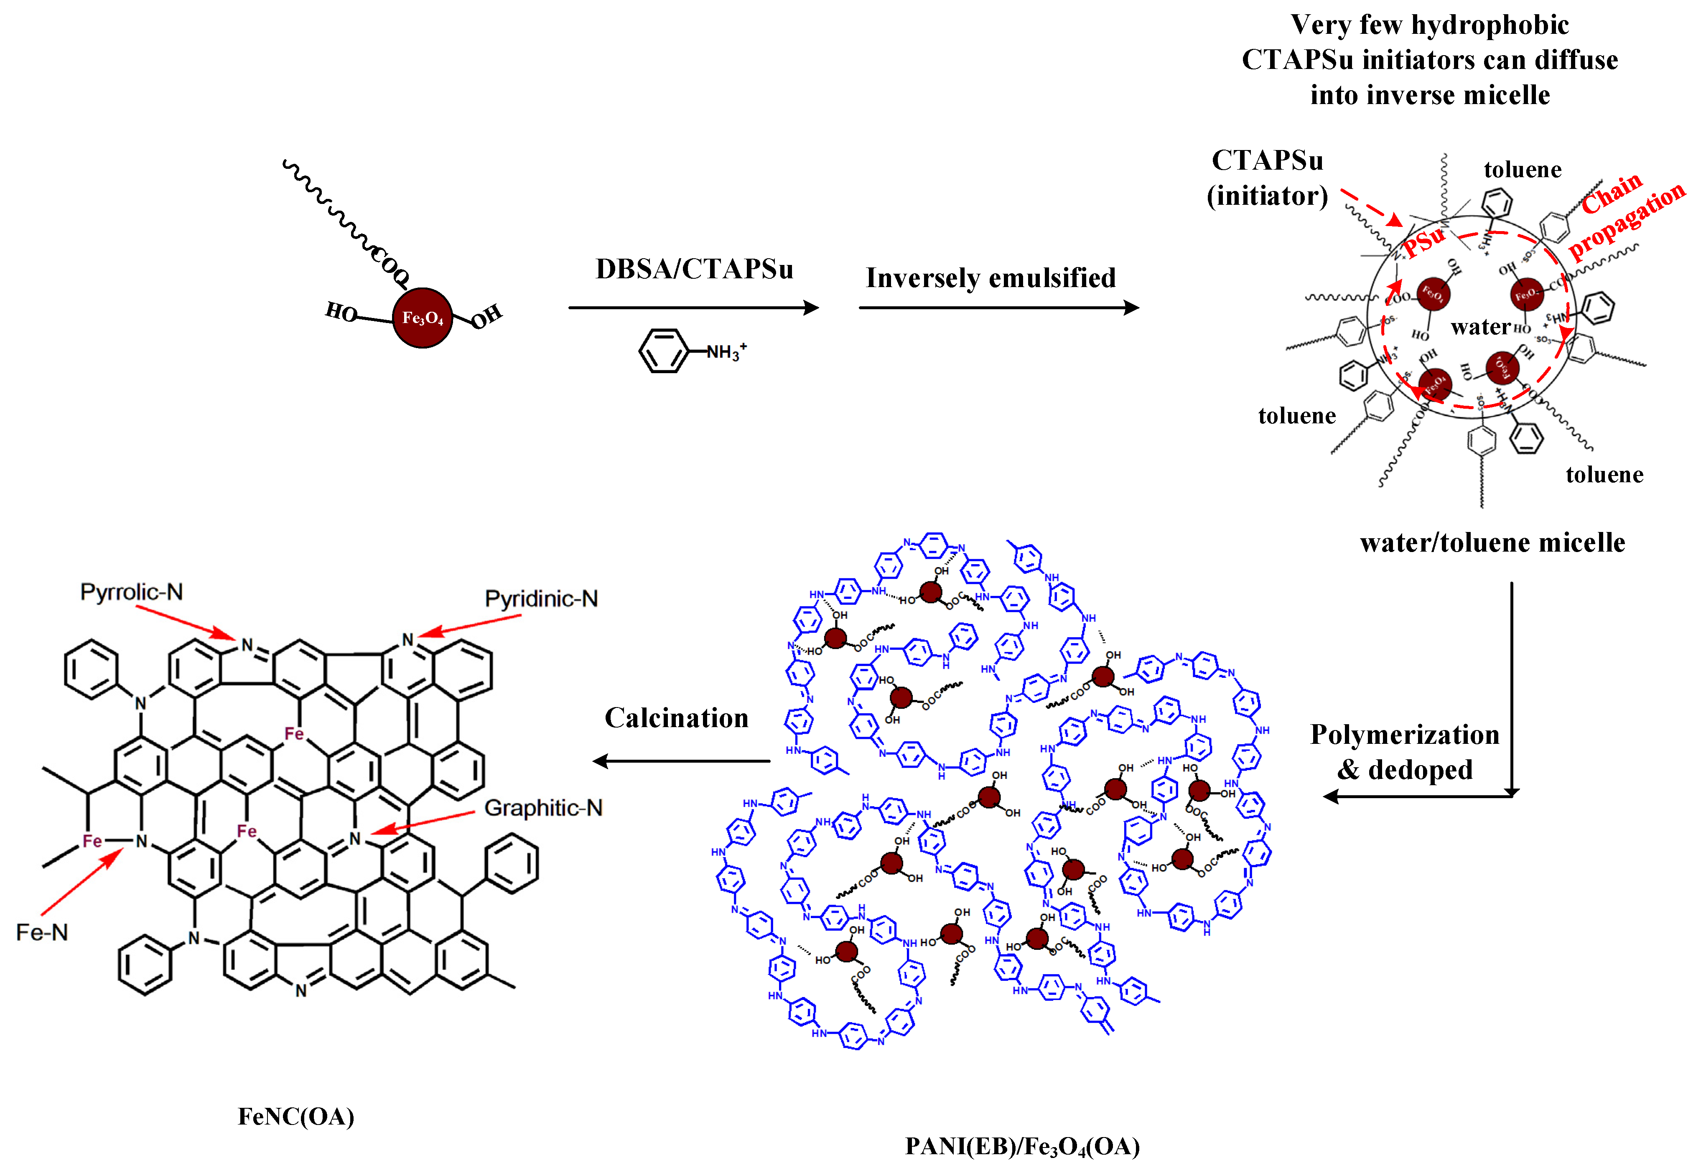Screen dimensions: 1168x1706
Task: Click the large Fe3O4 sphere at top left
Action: tap(422, 318)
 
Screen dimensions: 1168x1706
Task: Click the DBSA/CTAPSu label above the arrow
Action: tap(694, 270)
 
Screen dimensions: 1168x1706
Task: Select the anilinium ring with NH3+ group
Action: tap(663, 351)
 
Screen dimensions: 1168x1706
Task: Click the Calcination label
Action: tap(676, 718)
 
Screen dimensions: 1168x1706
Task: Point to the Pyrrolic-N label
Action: tap(131, 592)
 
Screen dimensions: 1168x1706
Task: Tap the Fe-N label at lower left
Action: tap(42, 932)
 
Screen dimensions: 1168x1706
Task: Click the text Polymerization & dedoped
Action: tap(1404, 752)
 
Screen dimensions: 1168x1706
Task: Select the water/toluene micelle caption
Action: tap(1492, 542)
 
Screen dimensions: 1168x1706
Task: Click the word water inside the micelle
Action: tap(1480, 327)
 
